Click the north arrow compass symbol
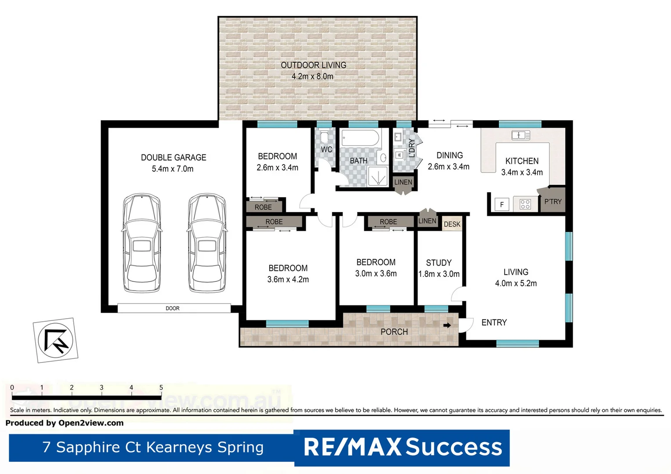click(x=55, y=341)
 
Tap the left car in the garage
click(x=141, y=243)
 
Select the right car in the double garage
click(x=207, y=243)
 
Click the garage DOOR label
click(x=173, y=309)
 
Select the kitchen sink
click(x=521, y=135)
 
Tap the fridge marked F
click(x=502, y=205)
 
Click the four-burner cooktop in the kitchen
click(x=525, y=204)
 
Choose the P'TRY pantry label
click(x=553, y=202)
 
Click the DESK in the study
click(x=452, y=224)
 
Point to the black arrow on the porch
click(x=447, y=325)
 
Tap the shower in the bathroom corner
click(x=377, y=176)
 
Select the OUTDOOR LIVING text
click(x=314, y=65)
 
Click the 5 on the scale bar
click(x=161, y=388)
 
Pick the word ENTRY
click(x=494, y=323)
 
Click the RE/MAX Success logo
click(x=402, y=447)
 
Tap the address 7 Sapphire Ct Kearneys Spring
click(x=153, y=447)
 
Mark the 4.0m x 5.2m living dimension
click(x=516, y=284)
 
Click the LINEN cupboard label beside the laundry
click(x=403, y=182)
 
